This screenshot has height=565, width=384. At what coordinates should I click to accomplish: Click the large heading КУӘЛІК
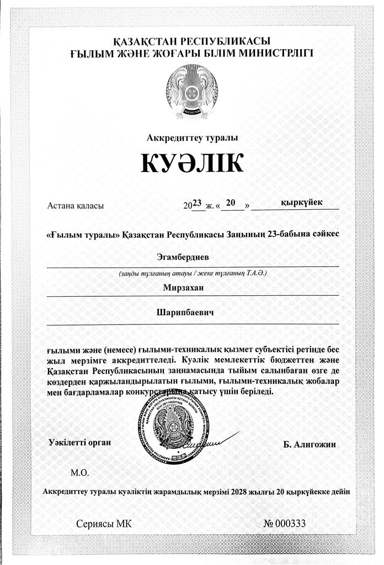191,164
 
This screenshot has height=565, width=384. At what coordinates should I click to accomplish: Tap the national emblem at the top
191,92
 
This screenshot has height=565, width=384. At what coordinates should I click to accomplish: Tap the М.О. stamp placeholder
79,473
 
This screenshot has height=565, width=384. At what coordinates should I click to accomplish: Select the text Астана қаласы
76,206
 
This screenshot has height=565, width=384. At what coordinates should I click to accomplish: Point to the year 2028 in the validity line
243,491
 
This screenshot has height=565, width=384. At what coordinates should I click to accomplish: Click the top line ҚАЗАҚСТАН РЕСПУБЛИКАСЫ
191,42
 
